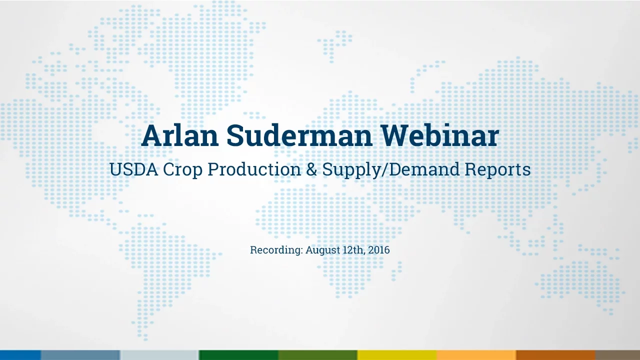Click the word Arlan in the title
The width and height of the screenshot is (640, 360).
[x=180, y=135]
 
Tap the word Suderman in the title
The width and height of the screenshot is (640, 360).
[x=299, y=135]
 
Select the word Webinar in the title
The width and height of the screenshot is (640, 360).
[x=440, y=135]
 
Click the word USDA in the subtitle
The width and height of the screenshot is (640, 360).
[x=133, y=169]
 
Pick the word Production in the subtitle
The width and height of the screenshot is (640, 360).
[x=254, y=169]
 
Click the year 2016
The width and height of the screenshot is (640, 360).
[x=379, y=250]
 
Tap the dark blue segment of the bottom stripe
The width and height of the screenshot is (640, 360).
[x=20, y=355]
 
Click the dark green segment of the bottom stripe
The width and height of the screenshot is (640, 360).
[x=238, y=355]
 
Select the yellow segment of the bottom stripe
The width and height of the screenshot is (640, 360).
[x=397, y=355]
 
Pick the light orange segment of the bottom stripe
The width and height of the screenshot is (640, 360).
[x=476, y=355]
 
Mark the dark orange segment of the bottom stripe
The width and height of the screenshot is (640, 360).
[x=555, y=355]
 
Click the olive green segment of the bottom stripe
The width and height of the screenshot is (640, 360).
[x=317, y=355]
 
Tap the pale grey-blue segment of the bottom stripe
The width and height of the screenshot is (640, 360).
[x=159, y=355]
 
